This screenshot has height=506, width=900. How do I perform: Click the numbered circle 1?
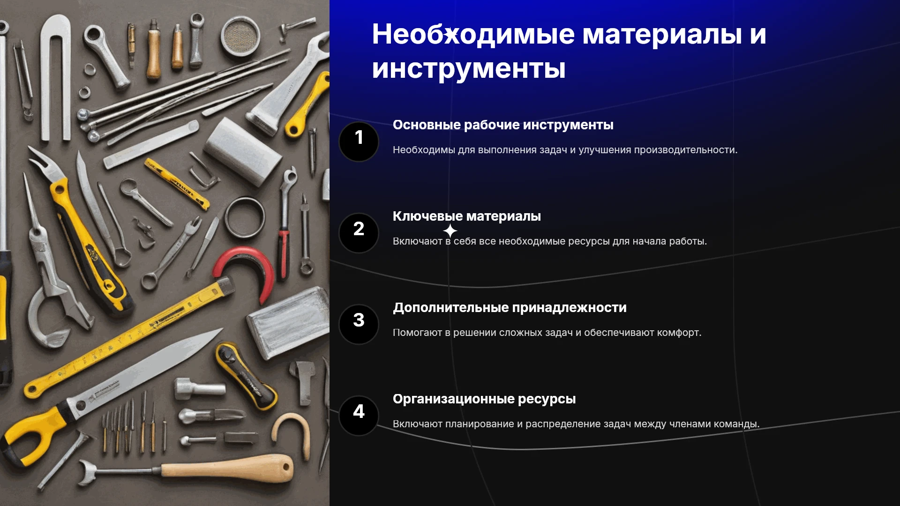[359, 141]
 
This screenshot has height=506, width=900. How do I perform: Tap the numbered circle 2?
[359, 233]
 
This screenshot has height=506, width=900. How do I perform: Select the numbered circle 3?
[359, 324]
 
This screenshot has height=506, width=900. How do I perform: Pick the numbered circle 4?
[359, 416]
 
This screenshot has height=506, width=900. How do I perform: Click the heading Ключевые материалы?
[467, 216]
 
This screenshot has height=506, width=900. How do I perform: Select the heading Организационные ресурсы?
[484, 399]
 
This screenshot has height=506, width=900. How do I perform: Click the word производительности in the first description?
[686, 150]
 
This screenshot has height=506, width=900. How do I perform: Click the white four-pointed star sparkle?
[450, 231]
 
